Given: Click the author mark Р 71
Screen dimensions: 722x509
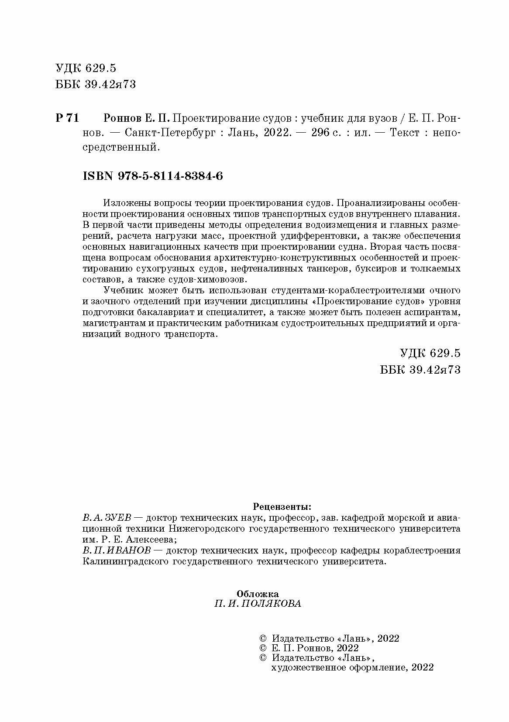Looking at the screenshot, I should click(67, 118).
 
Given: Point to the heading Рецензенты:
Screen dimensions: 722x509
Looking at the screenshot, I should click(282, 507).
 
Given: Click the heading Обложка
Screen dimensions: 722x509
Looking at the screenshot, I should click(258, 594).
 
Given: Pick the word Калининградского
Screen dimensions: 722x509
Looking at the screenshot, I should click(126, 562).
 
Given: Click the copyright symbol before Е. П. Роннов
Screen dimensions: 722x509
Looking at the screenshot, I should click(263, 648).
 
